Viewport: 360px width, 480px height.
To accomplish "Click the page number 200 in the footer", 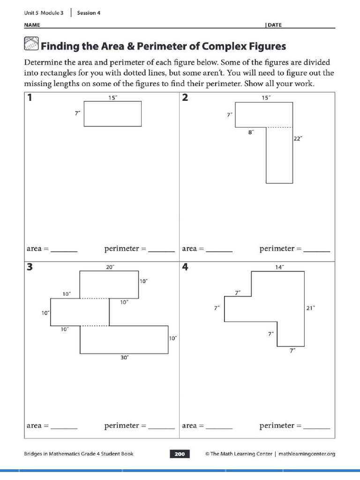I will click(x=180, y=454).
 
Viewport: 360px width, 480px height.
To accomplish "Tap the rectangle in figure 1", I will click(x=112, y=114).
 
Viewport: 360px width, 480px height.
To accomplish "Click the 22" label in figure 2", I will click(x=298, y=138).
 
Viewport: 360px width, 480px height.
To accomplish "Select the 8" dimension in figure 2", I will click(x=251, y=133).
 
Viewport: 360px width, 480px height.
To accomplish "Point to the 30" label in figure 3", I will click(x=124, y=357).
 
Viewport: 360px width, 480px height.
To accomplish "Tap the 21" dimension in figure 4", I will click(x=310, y=308).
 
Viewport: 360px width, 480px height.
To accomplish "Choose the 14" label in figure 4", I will click(x=279, y=267).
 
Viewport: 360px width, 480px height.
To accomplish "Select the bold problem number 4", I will click(x=186, y=267).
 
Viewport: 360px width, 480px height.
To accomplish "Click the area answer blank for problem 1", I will click(x=64, y=250).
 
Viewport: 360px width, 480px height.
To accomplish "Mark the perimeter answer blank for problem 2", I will click(x=316, y=250).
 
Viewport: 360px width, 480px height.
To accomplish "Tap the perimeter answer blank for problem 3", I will click(x=161, y=427).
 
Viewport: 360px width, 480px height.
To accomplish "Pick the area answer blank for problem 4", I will click(x=219, y=427).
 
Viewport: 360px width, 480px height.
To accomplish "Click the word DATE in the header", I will click(x=275, y=25).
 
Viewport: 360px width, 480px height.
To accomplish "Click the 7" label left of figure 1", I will click(x=78, y=113).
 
